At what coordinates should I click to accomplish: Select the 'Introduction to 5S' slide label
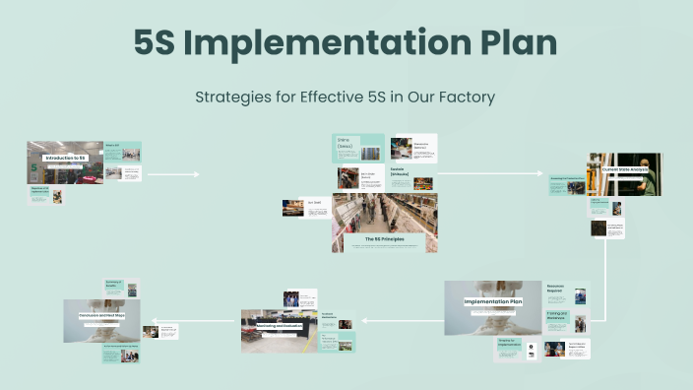point(64,158)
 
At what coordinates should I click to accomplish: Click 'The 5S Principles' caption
point(384,239)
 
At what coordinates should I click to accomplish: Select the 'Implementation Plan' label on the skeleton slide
point(493,301)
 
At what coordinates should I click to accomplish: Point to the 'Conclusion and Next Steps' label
point(101,316)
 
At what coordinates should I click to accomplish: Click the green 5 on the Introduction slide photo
point(34,168)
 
